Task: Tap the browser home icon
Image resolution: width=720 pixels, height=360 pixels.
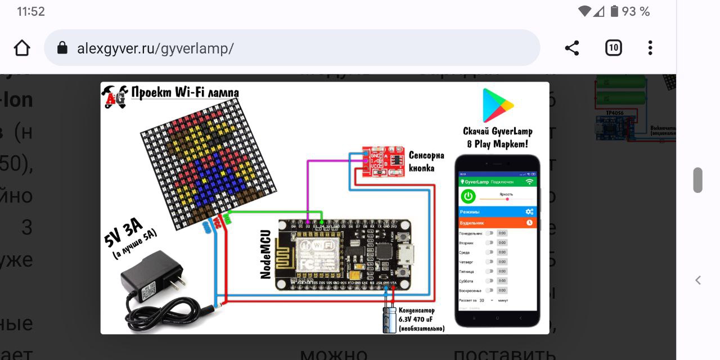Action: click(x=22, y=48)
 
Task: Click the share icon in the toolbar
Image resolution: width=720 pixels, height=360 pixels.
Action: click(x=572, y=48)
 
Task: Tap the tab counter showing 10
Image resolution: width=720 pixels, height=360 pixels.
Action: click(x=613, y=48)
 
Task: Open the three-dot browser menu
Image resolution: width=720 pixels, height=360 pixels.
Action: click(x=650, y=48)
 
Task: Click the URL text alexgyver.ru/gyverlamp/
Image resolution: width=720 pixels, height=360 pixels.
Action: click(x=155, y=48)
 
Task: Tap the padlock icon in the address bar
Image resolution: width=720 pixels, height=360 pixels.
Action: click(x=62, y=48)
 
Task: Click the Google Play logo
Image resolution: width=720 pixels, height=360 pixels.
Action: click(x=497, y=105)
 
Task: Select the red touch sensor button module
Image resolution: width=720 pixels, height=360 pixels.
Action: click(x=385, y=162)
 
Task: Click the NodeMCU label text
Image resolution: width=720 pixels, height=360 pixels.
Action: click(x=266, y=254)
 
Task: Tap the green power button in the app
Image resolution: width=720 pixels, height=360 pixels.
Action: click(x=469, y=196)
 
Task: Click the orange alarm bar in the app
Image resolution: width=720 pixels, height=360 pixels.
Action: click(x=497, y=223)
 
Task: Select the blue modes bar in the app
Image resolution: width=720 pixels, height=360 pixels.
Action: click(x=497, y=211)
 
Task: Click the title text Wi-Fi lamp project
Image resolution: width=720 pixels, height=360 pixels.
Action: click(x=184, y=93)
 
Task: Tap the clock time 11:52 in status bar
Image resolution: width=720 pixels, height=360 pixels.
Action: click(x=31, y=11)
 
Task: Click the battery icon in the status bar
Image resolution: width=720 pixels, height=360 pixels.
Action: click(x=614, y=11)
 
